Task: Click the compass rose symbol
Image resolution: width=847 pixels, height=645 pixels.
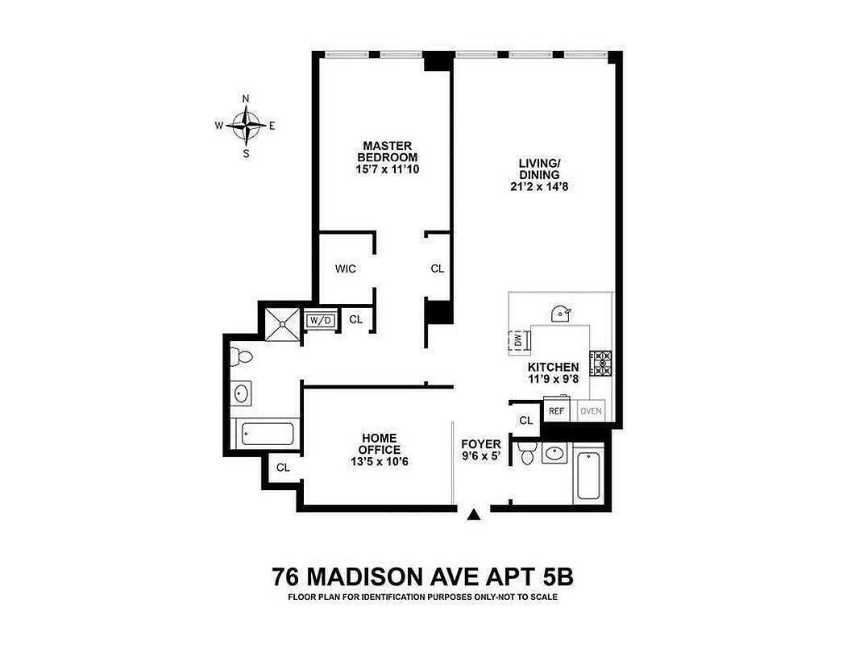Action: point(246,125)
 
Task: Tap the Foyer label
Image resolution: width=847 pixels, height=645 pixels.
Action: point(481,450)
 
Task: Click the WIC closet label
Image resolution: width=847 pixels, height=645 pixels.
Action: point(346,268)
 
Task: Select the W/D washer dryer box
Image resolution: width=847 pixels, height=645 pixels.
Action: point(320,320)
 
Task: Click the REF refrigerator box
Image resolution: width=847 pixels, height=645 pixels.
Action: point(556,410)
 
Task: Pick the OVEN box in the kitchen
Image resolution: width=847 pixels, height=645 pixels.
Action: point(591,410)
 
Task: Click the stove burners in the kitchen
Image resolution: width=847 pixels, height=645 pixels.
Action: point(601,364)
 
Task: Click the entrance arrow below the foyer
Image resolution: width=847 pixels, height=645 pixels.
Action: point(475,514)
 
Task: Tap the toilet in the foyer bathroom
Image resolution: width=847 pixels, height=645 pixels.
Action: point(527,454)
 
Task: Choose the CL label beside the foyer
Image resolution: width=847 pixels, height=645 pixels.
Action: point(526,420)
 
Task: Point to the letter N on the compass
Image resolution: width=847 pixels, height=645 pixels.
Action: point(246,99)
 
